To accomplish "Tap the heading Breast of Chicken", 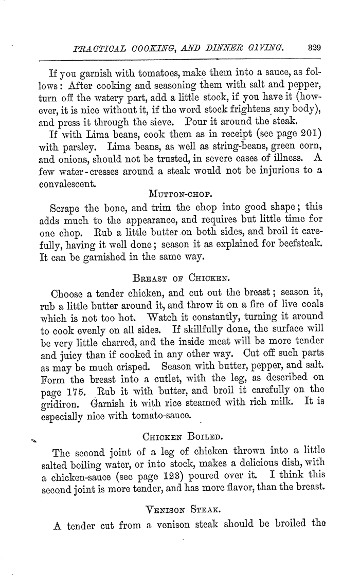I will (x=179, y=267).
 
